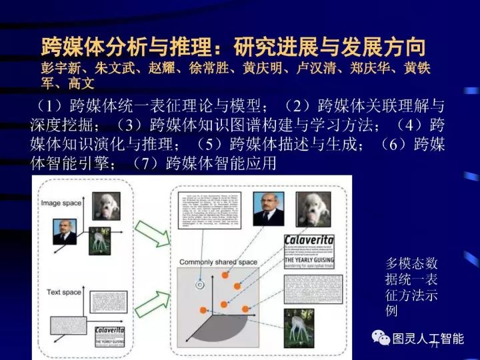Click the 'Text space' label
tap(64, 292)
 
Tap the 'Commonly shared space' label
tap(218, 262)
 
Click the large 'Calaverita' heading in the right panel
tap(309, 240)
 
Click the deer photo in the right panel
tap(298, 327)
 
